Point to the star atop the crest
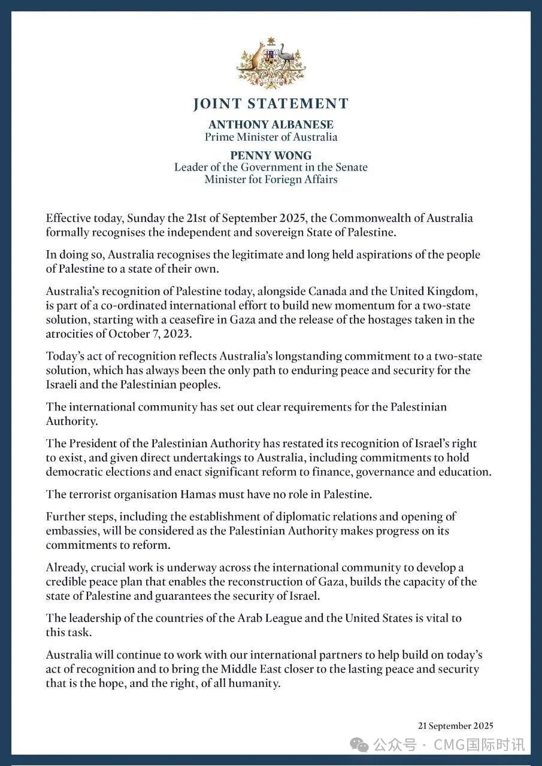coord(271,41)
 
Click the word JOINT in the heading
coord(217,104)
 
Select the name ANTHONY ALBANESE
coord(271,124)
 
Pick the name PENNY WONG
coord(271,156)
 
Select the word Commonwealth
coord(379,218)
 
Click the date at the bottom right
coord(456,726)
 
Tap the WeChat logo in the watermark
coord(360,744)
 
